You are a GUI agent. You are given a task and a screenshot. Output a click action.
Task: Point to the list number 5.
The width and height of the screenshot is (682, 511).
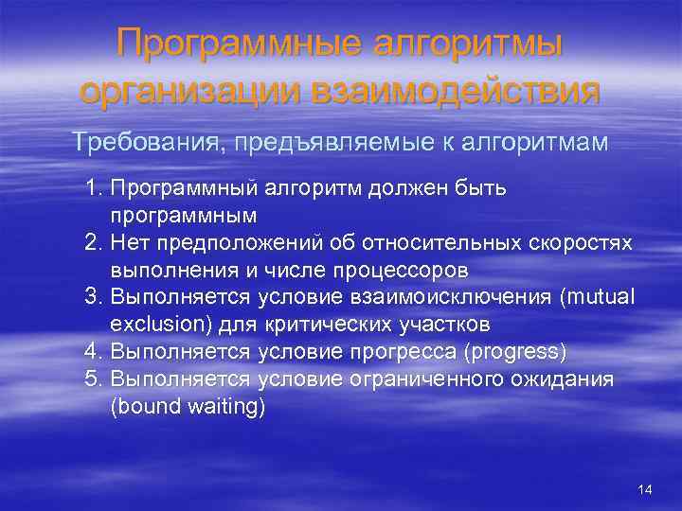point(92,379)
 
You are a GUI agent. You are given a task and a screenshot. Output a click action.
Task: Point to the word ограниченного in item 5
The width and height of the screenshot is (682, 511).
point(454,379)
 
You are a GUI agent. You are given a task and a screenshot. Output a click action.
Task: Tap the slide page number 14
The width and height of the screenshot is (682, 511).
point(645,489)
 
